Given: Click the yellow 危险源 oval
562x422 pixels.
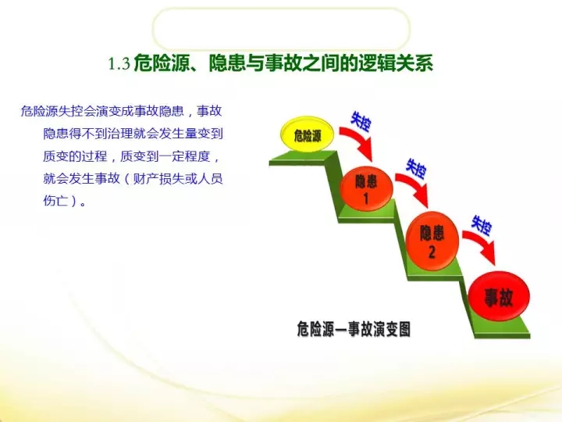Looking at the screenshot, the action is pos(308,134).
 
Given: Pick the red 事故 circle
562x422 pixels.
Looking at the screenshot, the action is pos(499,296).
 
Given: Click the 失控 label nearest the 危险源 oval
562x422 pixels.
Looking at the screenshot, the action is pos(361,121).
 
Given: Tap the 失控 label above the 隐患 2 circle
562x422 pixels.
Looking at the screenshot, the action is pos(416,168).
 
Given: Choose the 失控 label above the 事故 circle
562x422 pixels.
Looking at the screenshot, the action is pos(482,225).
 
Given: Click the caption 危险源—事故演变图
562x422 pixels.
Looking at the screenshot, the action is pos(354,329).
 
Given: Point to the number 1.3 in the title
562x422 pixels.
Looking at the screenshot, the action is pos(119,64).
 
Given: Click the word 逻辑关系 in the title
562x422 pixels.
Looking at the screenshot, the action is pos(396,63).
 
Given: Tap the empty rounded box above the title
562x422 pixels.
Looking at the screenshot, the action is pos(281,28).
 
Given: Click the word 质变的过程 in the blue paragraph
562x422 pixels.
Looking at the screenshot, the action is pos(75,156).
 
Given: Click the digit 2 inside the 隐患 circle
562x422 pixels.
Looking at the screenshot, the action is pos(432,252).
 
